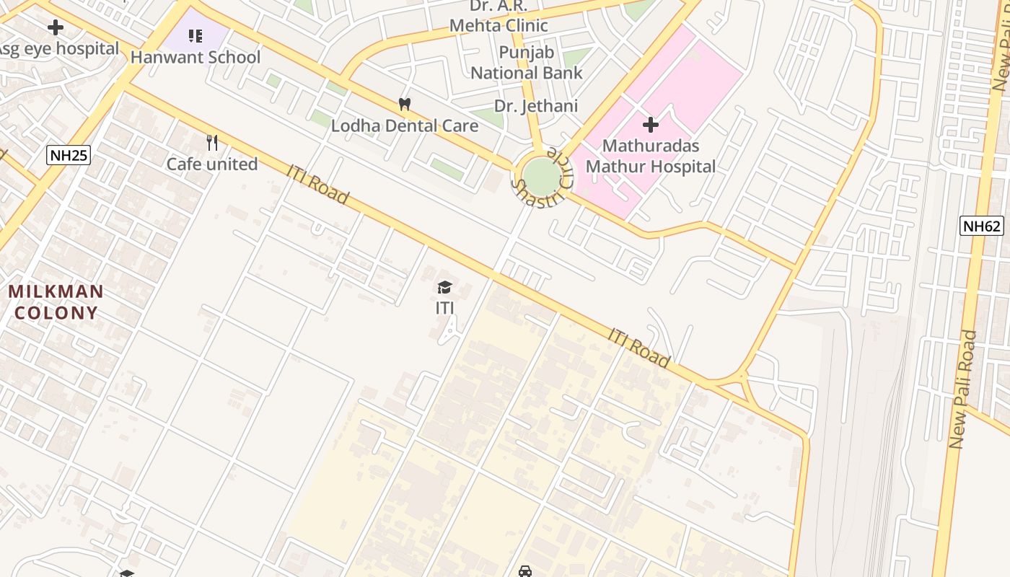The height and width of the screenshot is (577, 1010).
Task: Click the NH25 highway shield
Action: point(69,154)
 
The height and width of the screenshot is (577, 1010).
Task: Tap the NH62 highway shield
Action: point(982,226)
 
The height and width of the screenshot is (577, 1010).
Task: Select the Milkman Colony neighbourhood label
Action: point(56,302)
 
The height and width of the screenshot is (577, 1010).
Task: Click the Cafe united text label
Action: point(212,164)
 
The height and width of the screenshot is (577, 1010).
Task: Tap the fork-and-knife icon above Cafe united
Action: point(212,143)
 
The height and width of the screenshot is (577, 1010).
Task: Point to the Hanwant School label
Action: point(196,57)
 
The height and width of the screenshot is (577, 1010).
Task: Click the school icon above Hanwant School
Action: point(196,35)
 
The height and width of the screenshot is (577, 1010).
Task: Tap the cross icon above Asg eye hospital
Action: point(56,28)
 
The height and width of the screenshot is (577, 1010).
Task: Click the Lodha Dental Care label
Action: point(404,126)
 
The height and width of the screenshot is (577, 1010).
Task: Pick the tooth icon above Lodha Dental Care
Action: point(405,105)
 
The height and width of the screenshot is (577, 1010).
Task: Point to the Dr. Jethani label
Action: point(536,106)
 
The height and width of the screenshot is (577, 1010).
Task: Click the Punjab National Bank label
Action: point(527,63)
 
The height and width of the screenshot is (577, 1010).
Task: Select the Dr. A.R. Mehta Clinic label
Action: point(499,16)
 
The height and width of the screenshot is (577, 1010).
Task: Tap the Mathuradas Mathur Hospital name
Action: point(650,156)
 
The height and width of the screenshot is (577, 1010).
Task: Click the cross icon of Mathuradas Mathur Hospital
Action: point(651,125)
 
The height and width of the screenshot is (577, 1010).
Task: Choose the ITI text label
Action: point(445,308)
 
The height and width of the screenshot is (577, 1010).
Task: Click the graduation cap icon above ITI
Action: point(445,288)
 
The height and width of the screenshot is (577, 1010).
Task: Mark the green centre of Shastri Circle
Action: point(541,175)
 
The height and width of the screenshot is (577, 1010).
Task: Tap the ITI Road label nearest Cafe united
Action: point(317,185)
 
